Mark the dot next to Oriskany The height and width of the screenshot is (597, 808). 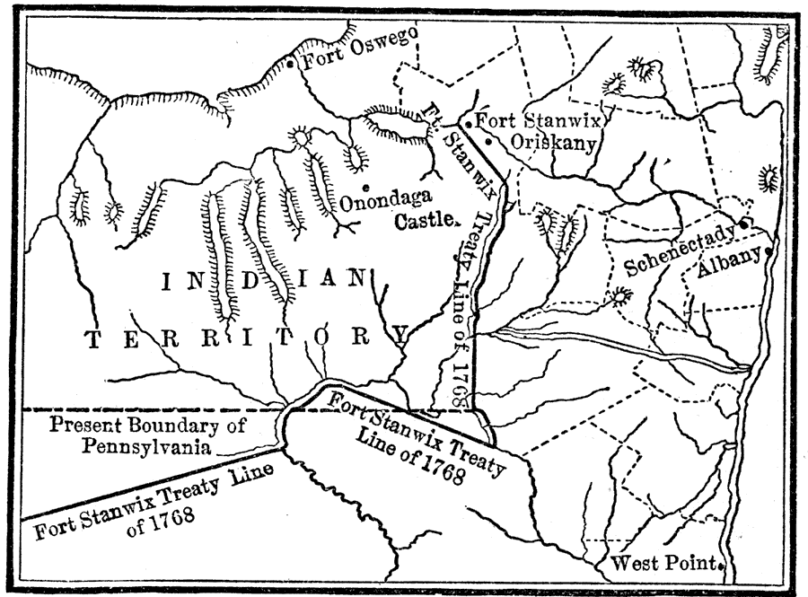[487, 142]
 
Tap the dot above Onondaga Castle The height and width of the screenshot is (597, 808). [364, 186]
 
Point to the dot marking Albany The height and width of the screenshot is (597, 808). [769, 252]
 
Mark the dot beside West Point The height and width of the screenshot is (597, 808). [722, 566]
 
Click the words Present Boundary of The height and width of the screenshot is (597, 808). [147, 426]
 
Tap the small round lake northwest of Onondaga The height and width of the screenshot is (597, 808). [298, 137]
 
